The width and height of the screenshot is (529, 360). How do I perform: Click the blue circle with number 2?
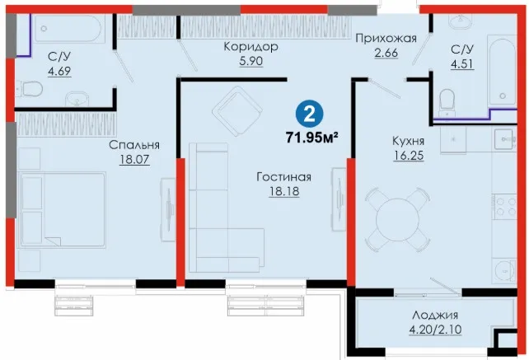pyautogui.click(x=309, y=114)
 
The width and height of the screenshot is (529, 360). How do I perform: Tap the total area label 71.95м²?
pyautogui.click(x=312, y=138)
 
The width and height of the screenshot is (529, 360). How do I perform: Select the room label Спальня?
pyautogui.click(x=134, y=145)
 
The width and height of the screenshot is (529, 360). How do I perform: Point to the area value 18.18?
pyautogui.click(x=284, y=191)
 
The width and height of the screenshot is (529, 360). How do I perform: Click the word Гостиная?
pyautogui.click(x=284, y=176)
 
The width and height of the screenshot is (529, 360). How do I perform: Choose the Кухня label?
pyautogui.click(x=408, y=141)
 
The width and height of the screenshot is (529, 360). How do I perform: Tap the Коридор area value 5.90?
pyautogui.click(x=251, y=61)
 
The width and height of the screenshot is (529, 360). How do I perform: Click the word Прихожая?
pyautogui.click(x=386, y=38)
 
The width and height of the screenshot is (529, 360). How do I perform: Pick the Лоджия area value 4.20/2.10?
pyautogui.click(x=435, y=329)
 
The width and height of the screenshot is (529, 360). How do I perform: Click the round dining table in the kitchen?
pyautogui.click(x=397, y=220)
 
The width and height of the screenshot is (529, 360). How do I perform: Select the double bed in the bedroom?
pyautogui.click(x=63, y=209)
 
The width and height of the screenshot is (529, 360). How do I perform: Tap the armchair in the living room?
pyautogui.click(x=237, y=111)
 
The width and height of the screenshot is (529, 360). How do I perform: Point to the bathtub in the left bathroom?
pyautogui.click(x=68, y=28)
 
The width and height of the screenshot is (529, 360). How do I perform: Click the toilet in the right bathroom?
pyautogui.click(x=447, y=100)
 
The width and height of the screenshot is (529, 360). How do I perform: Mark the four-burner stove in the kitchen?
pyautogui.click(x=505, y=207)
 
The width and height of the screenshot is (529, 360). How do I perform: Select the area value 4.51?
pyautogui.click(x=462, y=63)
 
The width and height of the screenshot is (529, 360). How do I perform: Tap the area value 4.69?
pyautogui.click(x=59, y=71)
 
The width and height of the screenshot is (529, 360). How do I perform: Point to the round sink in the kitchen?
pyautogui.click(x=505, y=269)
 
